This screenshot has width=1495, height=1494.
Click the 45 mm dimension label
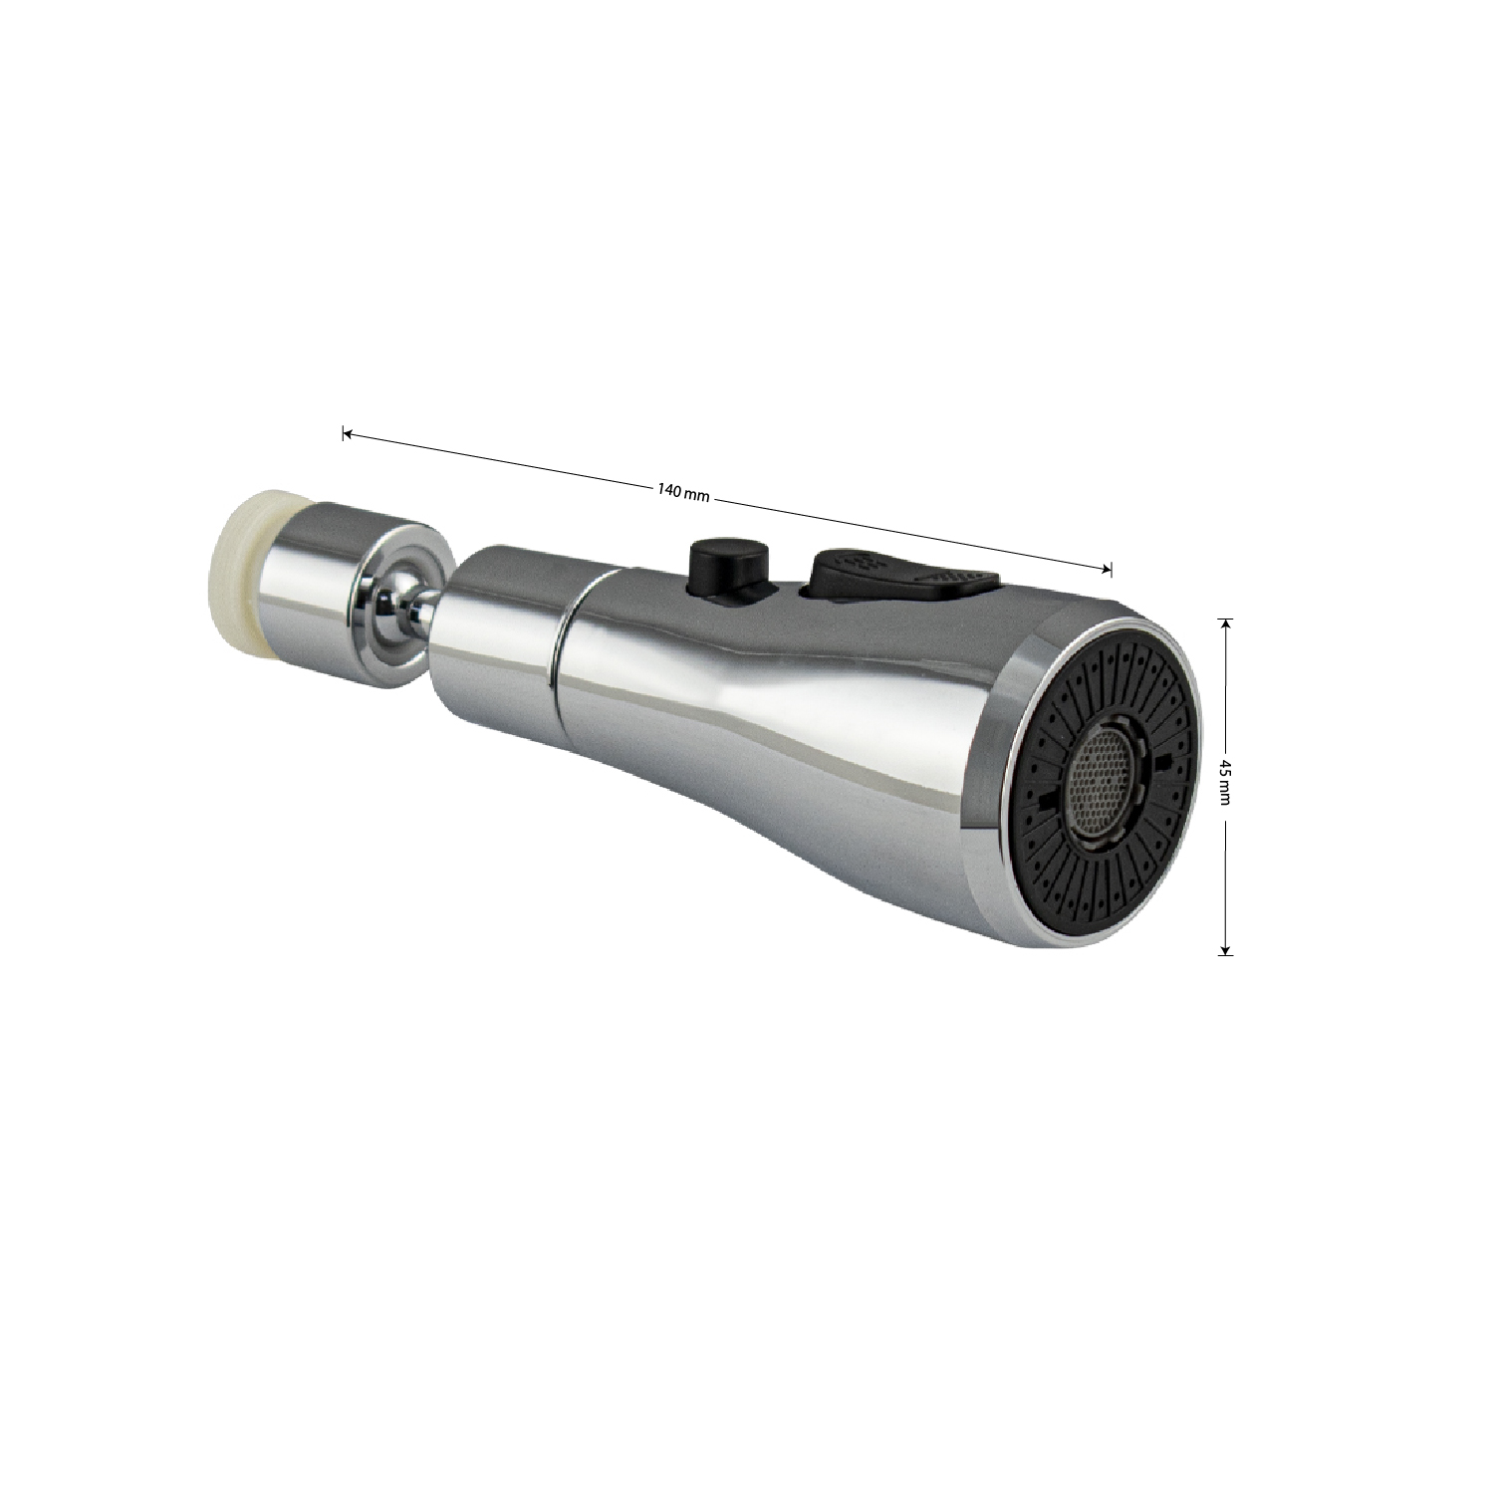(1225, 785)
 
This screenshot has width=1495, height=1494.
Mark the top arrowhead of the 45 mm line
(1225, 623)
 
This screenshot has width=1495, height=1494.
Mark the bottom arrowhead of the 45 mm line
(1225, 948)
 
